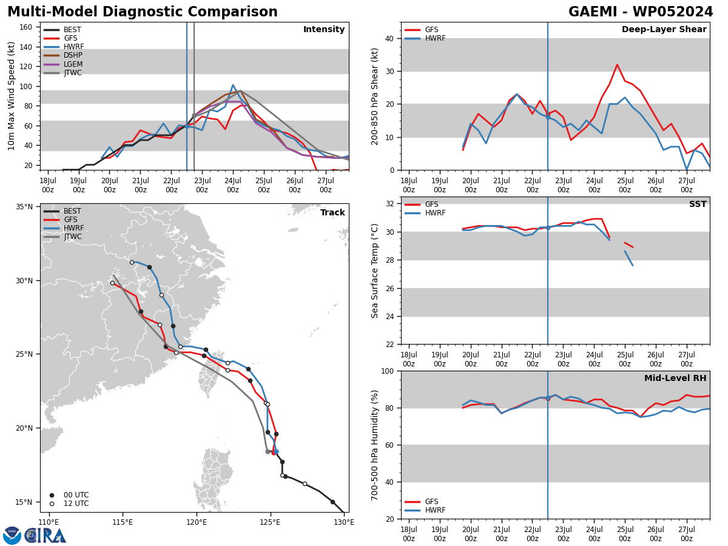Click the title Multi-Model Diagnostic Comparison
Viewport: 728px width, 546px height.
pyautogui.click(x=143, y=12)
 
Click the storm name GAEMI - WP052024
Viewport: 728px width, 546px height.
pyautogui.click(x=641, y=12)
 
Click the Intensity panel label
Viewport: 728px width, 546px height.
pyautogui.click(x=324, y=29)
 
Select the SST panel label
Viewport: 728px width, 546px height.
pyautogui.click(x=698, y=204)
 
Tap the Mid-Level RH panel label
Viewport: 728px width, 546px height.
pyautogui.click(x=675, y=378)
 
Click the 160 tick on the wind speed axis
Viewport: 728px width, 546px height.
pyautogui.click(x=26, y=27)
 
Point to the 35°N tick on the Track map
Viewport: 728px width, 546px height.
pyautogui.click(x=24, y=207)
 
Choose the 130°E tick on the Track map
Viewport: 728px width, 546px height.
pyautogui.click(x=344, y=522)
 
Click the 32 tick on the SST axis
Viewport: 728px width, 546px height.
pyautogui.click(x=390, y=204)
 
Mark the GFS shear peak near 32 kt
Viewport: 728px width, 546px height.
pyautogui.click(x=617, y=65)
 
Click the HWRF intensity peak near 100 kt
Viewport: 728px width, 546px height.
pyautogui.click(x=233, y=85)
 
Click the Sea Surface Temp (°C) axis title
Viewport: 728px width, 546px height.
pyautogui.click(x=374, y=271)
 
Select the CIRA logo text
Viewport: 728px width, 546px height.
pyautogui.click(x=45, y=535)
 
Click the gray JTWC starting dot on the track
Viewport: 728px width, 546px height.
pyautogui.click(x=268, y=451)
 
